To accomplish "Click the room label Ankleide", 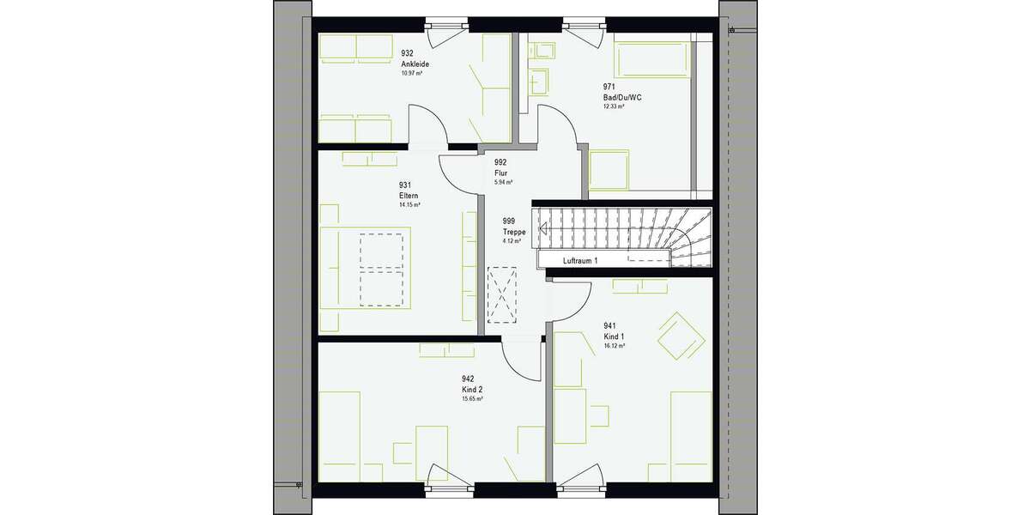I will coord(415,64).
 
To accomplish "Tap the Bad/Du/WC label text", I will coord(622,97).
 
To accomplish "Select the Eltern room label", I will coord(409,196).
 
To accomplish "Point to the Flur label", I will coord(501,173).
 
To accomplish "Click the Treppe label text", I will coord(513,231).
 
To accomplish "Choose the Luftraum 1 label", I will coord(579,260).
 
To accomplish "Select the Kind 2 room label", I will coord(473,389).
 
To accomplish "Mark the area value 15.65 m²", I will coord(473,399).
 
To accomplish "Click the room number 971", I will coord(609,87).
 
